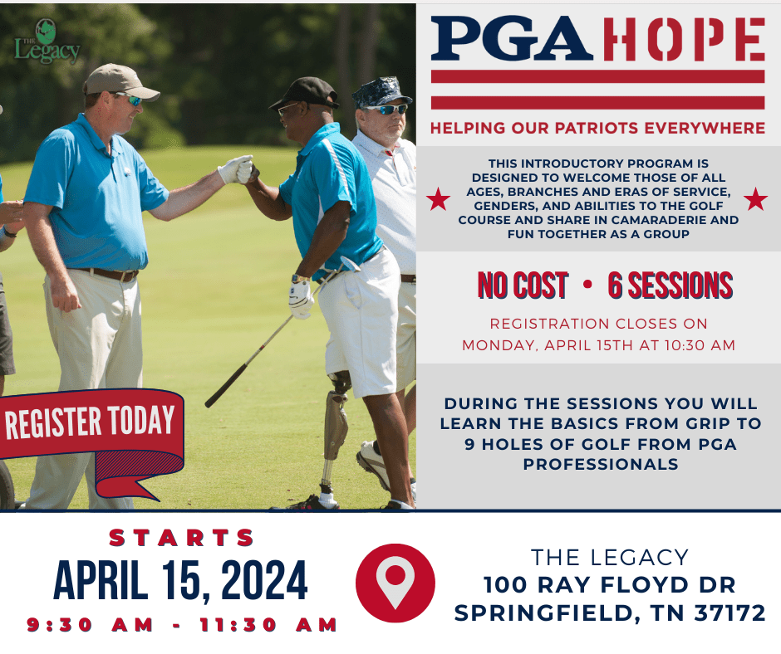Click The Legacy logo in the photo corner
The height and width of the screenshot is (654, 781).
(47, 44)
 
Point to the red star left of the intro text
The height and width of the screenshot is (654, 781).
(438, 199)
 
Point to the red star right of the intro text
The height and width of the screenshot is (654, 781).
(755, 199)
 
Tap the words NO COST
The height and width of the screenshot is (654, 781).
(523, 286)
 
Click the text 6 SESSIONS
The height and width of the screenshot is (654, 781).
(670, 286)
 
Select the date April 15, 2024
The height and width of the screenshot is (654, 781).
(180, 581)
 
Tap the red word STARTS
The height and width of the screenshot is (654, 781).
(182, 538)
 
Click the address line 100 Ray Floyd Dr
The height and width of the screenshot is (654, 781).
(610, 585)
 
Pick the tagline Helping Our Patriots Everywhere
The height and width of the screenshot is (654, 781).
(597, 128)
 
